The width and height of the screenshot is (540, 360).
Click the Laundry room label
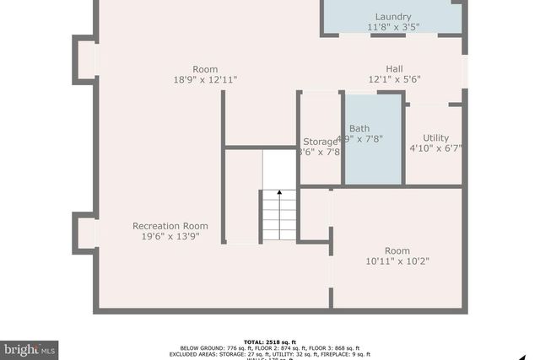pyautogui.click(x=393, y=17)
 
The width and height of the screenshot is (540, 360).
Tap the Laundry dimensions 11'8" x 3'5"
pyautogui.click(x=393, y=28)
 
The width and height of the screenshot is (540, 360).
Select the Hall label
pyautogui.click(x=394, y=69)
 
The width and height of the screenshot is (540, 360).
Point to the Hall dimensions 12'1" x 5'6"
pyautogui.click(x=394, y=79)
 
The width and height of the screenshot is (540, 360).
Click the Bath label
pyautogui.click(x=359, y=129)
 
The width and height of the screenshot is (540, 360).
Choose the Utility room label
pyautogui.click(x=435, y=137)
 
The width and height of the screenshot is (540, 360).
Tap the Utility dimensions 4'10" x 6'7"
pyautogui.click(x=435, y=148)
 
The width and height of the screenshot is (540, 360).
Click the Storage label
pyautogui.click(x=320, y=142)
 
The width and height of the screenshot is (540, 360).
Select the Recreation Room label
pyautogui.click(x=170, y=226)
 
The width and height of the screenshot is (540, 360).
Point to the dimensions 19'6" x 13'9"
pyautogui.click(x=170, y=237)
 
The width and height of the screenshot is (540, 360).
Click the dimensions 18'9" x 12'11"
pyautogui.click(x=205, y=80)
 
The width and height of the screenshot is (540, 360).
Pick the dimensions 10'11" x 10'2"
pyautogui.click(x=397, y=261)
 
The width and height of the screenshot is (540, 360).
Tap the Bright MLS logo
pyautogui.click(x=30, y=348)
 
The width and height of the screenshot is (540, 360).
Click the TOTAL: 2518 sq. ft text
pyautogui.click(x=270, y=341)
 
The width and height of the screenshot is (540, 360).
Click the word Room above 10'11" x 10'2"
pyautogui.click(x=397, y=251)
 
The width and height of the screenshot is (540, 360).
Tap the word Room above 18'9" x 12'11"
pyautogui.click(x=205, y=69)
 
